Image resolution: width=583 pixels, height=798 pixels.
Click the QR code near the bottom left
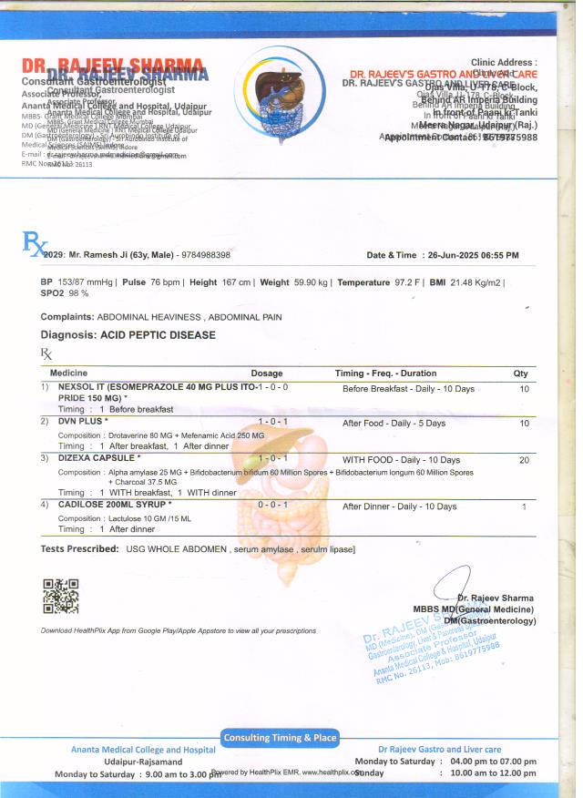61,595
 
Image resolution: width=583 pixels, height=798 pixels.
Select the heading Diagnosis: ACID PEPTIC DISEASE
128,335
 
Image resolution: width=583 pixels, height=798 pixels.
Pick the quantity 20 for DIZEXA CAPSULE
524,460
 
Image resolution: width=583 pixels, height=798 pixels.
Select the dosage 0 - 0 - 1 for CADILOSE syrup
273,506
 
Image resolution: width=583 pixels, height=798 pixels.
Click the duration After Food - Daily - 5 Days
394,424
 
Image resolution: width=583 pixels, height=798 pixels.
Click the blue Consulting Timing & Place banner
279,737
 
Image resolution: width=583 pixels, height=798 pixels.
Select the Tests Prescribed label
79,549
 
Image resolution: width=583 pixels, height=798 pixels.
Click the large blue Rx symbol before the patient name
33,242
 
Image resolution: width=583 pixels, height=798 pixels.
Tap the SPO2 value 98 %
78,294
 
